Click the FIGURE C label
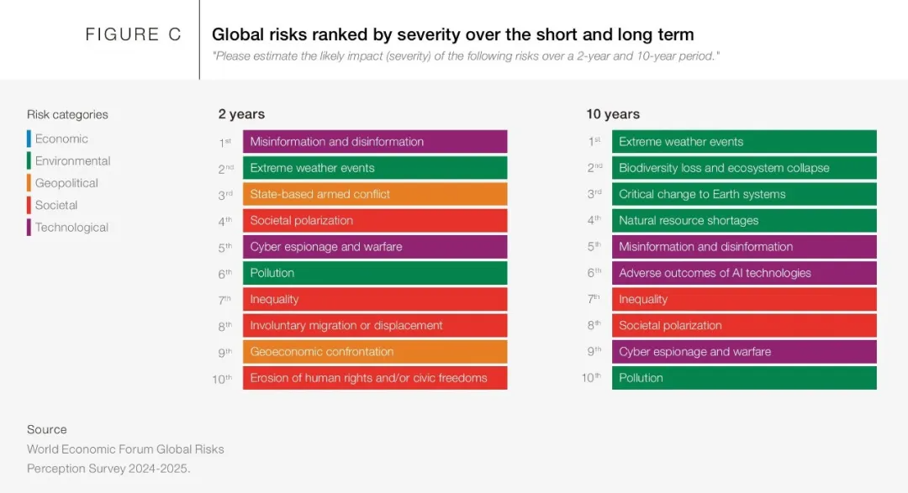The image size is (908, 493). coord(133,34)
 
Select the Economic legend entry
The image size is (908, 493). coord(61,139)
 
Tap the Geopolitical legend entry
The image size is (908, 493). coord(66,183)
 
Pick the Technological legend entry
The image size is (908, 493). coord(71,227)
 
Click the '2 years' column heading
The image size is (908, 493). coord(241,114)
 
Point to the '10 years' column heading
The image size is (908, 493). coord(613,114)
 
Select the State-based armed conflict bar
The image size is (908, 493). coord(375,194)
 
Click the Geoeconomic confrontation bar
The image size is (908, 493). coord(375,352)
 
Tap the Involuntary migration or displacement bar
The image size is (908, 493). coord(375,325)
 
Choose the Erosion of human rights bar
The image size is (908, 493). coord(375,378)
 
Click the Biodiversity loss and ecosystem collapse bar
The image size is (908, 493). coord(744,168)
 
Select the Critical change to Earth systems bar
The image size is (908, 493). coord(744,194)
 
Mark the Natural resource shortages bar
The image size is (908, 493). coord(744,220)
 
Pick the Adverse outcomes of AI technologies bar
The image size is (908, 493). coord(744,273)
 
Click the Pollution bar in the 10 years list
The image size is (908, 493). coord(744,378)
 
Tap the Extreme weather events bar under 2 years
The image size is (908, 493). coord(375,168)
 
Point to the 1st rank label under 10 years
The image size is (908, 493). coord(594,142)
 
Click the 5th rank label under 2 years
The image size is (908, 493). coord(224,247)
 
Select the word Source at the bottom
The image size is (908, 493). coord(47,429)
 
